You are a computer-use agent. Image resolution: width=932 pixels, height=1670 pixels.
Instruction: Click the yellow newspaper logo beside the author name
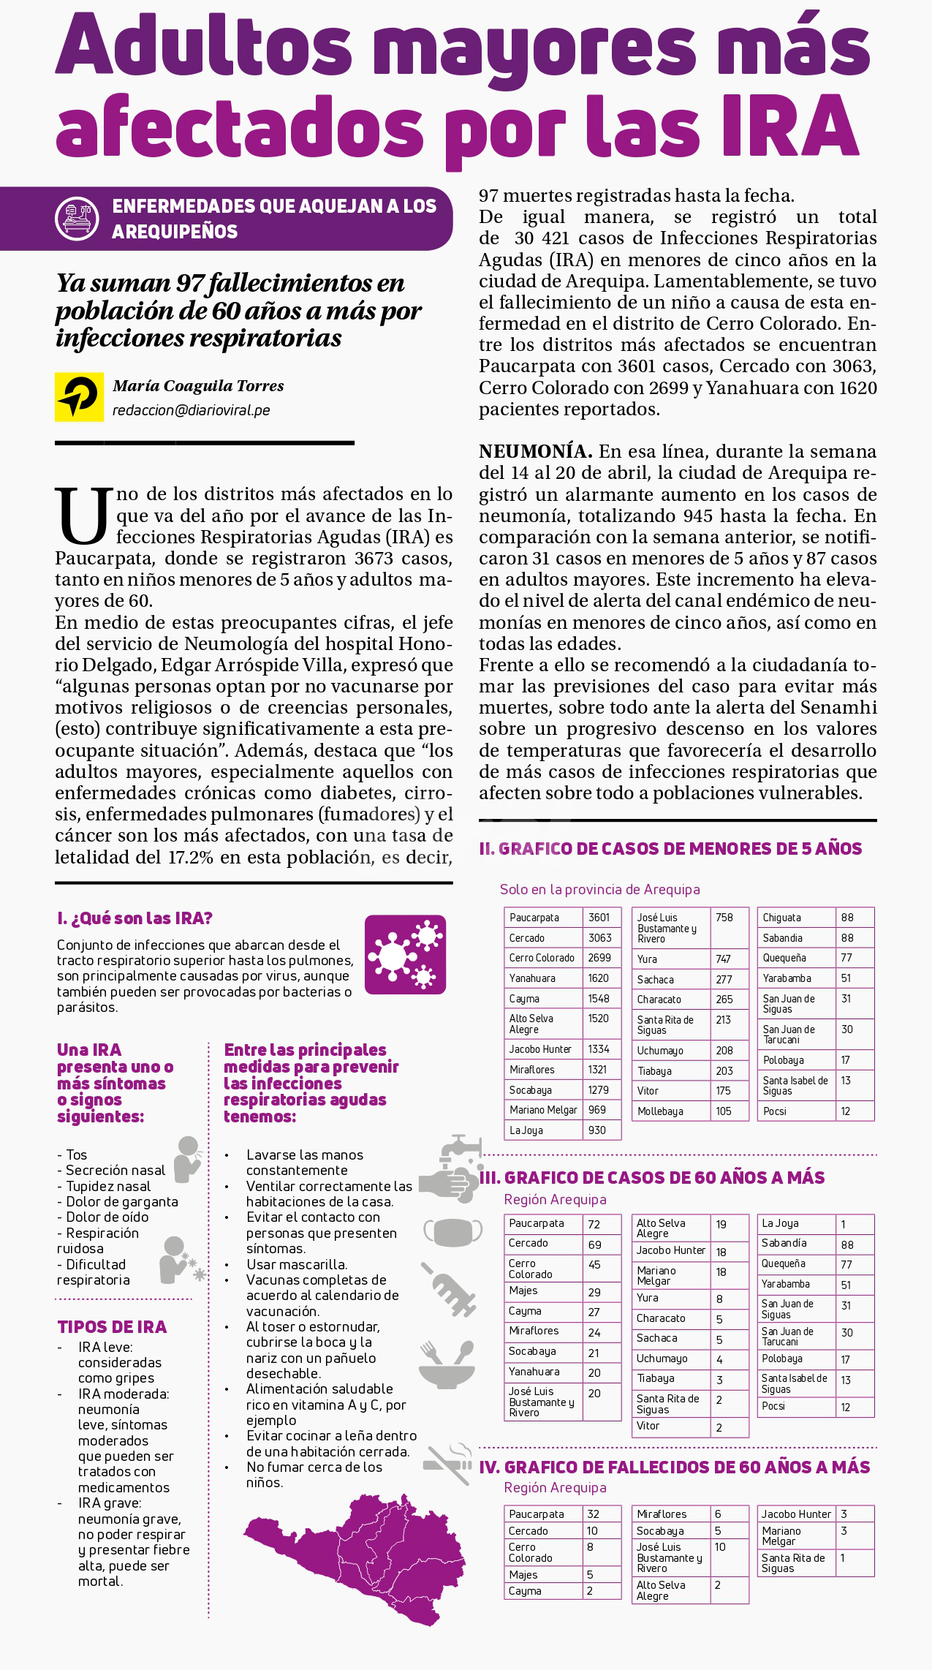79,397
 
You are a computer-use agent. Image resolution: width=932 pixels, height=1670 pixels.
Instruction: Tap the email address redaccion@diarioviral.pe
192,410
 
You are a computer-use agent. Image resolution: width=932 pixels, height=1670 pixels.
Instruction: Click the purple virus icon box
405,954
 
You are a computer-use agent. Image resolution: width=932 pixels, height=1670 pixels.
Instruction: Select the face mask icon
452,1231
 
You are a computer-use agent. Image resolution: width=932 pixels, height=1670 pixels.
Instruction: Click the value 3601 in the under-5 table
599,918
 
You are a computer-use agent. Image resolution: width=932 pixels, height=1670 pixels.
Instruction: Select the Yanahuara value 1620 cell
599,978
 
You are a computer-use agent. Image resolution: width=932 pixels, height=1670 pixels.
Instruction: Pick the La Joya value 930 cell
597,1130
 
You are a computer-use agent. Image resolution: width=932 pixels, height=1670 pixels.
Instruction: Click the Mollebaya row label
660,1111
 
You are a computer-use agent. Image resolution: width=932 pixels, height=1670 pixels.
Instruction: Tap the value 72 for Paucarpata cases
594,1224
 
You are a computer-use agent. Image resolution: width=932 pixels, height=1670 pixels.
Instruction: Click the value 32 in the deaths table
593,1514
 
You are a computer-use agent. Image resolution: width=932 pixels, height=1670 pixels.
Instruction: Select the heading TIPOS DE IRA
112,1327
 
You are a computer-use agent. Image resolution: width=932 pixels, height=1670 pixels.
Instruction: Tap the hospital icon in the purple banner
77,218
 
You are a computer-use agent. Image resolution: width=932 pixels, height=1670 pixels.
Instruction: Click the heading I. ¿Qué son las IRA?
135,918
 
